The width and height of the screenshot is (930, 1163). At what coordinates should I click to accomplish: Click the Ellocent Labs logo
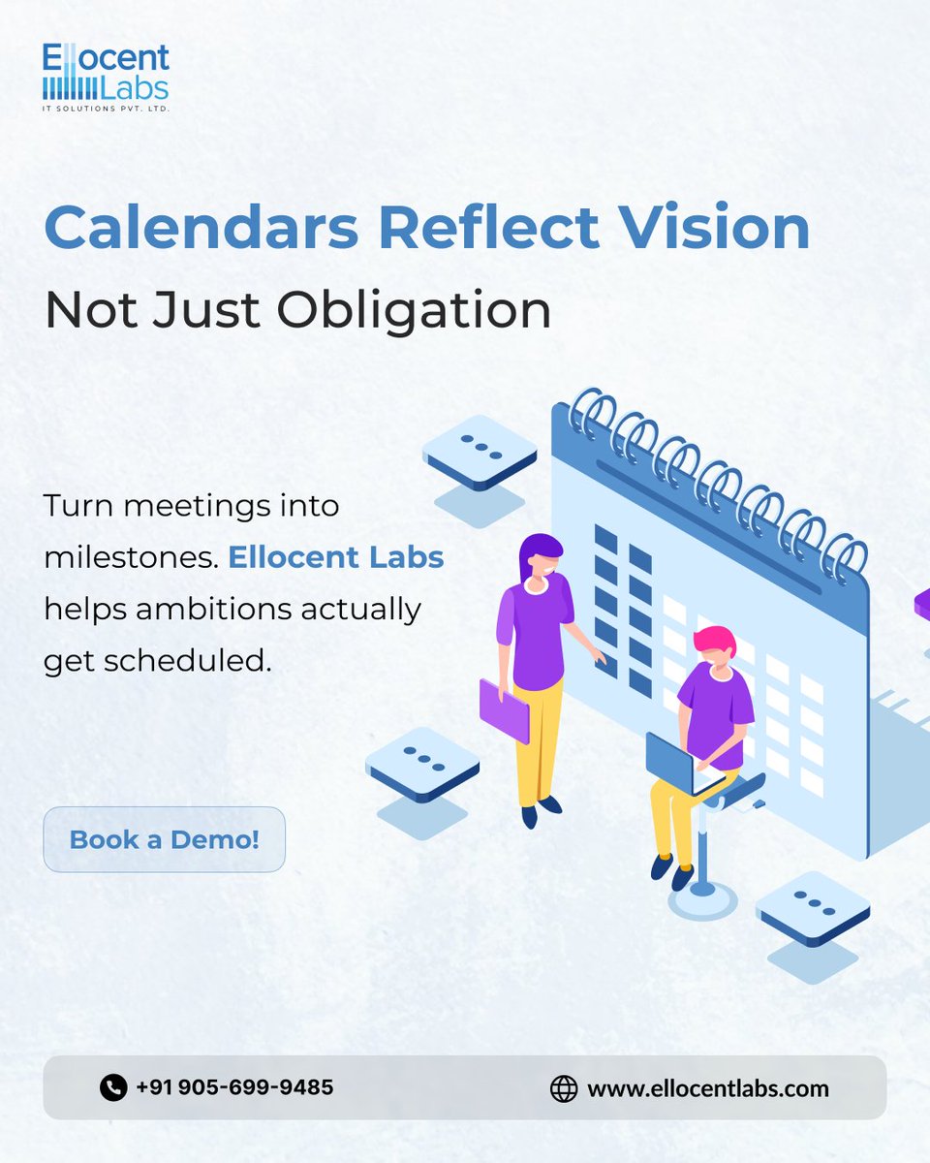tap(106, 77)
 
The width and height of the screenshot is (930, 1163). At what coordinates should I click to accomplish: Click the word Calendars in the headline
tap(202, 230)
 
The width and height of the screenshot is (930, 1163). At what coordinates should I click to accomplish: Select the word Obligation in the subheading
tap(414, 310)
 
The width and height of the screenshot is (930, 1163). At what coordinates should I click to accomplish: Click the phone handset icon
tap(113, 1087)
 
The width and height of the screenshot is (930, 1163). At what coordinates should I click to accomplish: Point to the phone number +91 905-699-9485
tap(234, 1087)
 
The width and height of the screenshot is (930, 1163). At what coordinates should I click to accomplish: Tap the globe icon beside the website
tap(563, 1088)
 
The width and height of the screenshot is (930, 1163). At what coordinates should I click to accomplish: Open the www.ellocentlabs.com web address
tap(708, 1088)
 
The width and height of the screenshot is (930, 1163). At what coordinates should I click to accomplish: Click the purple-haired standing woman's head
tap(541, 560)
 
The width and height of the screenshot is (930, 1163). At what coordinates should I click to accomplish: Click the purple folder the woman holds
tap(504, 711)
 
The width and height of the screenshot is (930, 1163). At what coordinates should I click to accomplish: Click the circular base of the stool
tap(703, 900)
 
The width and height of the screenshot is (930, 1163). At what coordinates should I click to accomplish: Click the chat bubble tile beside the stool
tap(812, 909)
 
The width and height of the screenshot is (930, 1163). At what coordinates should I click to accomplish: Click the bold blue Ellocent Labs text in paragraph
tap(336, 558)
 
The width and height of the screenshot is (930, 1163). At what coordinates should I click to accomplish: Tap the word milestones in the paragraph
tap(131, 558)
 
